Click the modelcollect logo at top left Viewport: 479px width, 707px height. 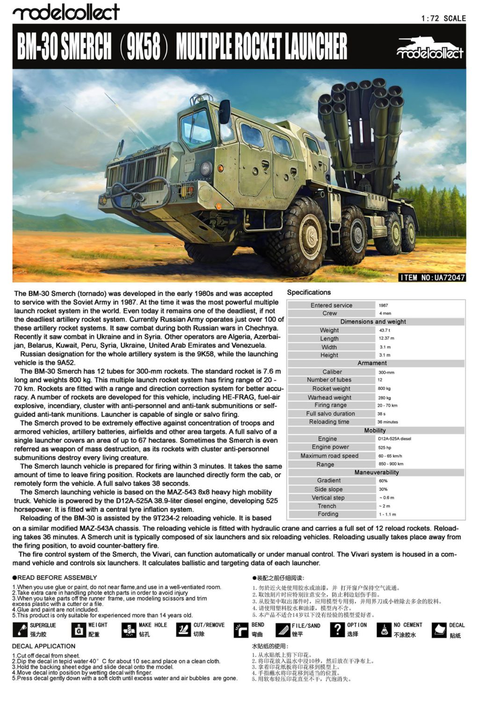[66, 12]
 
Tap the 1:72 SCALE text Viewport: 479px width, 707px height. [443, 18]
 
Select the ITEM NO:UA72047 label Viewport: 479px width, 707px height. [432, 277]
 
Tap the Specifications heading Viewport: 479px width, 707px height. [309, 292]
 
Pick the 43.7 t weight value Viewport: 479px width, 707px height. [385, 330]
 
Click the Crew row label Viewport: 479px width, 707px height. [329, 313]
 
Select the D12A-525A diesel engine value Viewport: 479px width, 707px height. [394, 439]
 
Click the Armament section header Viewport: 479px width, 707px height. [372, 363]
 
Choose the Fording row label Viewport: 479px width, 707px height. [328, 514]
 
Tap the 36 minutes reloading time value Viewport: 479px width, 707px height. [387, 422]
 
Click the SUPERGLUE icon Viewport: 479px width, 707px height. [20, 630]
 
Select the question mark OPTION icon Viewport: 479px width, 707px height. [337, 629]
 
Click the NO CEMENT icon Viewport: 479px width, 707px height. [384, 630]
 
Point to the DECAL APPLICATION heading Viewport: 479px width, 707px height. [44, 646]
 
